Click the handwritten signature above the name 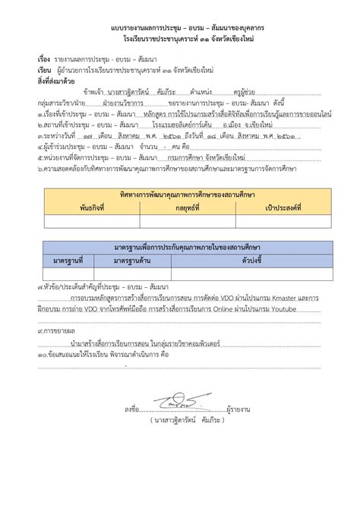coord(172,397)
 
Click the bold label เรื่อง coord(43,58)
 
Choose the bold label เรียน coord(44,69)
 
